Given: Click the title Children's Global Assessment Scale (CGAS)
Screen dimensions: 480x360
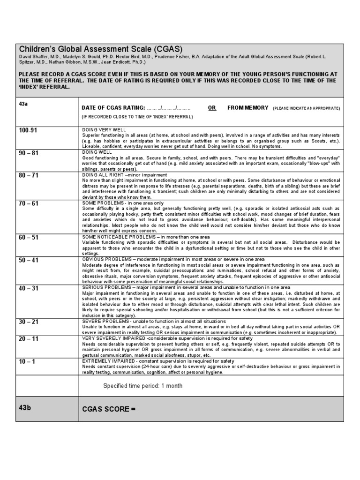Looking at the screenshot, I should point(100,49).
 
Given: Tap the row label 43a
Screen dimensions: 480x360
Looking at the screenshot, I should point(24,104).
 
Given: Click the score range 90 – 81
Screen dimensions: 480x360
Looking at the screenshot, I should point(29,153).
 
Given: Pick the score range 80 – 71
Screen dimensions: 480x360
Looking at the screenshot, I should point(29,176).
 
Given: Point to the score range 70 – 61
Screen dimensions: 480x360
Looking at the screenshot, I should point(29,204).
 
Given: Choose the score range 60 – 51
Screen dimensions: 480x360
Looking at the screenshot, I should point(29,238).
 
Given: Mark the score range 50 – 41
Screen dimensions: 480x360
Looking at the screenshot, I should point(29,260).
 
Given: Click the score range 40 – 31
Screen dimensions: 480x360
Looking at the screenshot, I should point(29,288).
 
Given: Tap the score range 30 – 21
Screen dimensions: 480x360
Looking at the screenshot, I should point(29,322).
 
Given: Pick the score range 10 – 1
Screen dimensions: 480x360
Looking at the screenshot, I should point(27,362).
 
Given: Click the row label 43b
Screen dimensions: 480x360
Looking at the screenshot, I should point(25,407).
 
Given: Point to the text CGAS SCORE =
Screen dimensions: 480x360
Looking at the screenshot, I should point(109,409).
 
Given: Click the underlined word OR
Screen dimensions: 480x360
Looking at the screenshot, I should point(212,108).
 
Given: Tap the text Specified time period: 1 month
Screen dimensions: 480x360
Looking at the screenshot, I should point(143,386).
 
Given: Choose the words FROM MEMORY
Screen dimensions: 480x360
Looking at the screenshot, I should point(248,108).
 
